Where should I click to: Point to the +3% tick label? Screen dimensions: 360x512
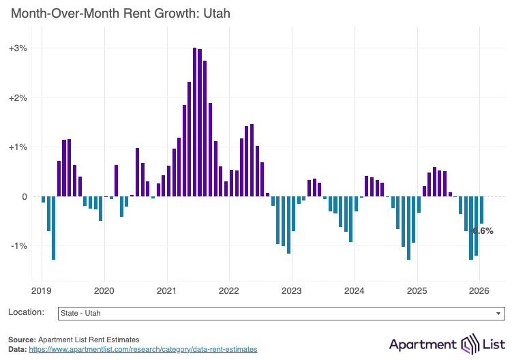18,48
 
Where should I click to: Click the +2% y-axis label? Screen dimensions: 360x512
18,97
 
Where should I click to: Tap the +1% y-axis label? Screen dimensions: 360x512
18,147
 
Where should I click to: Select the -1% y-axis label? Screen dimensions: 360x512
18,246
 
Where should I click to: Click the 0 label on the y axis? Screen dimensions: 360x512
24,196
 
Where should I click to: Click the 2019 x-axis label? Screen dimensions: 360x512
42,290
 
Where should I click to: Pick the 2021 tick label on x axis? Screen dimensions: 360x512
167,290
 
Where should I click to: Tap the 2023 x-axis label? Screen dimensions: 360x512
292,290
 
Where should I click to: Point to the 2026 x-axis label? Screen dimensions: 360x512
479,290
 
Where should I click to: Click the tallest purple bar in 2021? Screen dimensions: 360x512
195,123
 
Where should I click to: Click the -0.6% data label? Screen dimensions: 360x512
483,231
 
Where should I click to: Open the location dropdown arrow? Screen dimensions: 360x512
499,314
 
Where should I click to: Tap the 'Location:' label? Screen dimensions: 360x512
27,312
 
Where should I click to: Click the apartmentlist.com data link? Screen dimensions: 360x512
142,349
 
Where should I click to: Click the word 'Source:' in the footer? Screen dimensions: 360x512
22,339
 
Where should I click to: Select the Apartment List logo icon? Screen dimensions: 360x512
471,343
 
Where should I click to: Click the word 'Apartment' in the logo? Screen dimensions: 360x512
423,343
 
